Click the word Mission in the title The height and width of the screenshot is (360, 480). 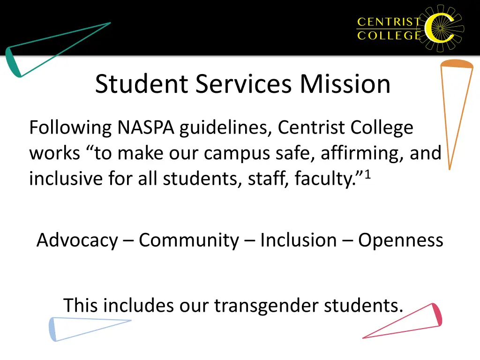[x=345, y=84]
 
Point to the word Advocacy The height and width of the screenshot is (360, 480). [x=77, y=240]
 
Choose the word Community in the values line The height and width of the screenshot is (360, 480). [x=188, y=240]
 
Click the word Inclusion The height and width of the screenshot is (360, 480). [x=298, y=240]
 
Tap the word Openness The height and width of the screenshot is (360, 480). [x=401, y=240]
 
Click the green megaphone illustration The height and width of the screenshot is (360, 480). [x=56, y=49]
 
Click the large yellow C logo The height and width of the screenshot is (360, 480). [x=441, y=28]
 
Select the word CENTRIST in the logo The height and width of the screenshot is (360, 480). [x=389, y=22]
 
